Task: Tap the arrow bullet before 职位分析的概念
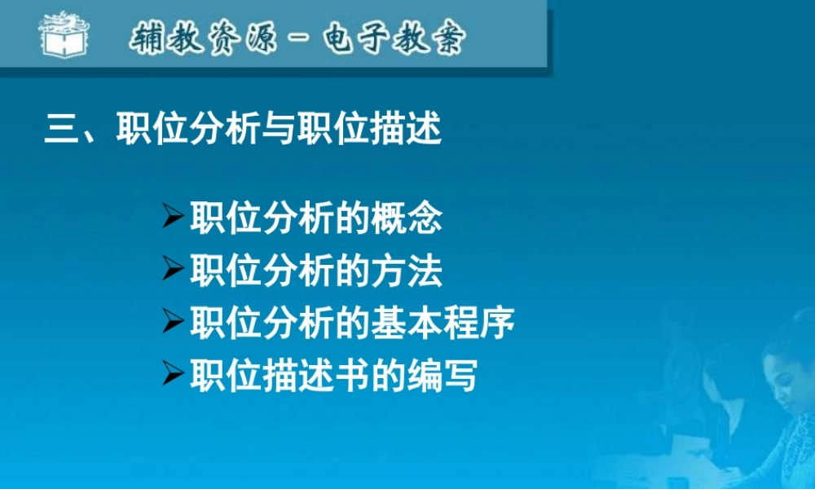click(x=174, y=218)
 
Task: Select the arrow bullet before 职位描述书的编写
click(x=174, y=374)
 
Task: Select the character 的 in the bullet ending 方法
click(x=351, y=271)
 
